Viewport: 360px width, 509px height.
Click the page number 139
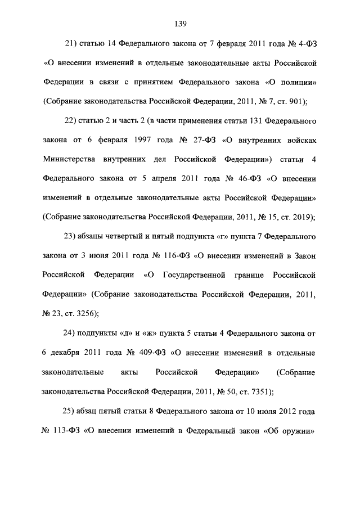click(180, 23)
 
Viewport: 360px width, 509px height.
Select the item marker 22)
click(71, 120)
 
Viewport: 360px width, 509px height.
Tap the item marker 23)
click(71, 236)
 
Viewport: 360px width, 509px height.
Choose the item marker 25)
click(71, 411)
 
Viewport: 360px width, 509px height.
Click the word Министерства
click(69, 160)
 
